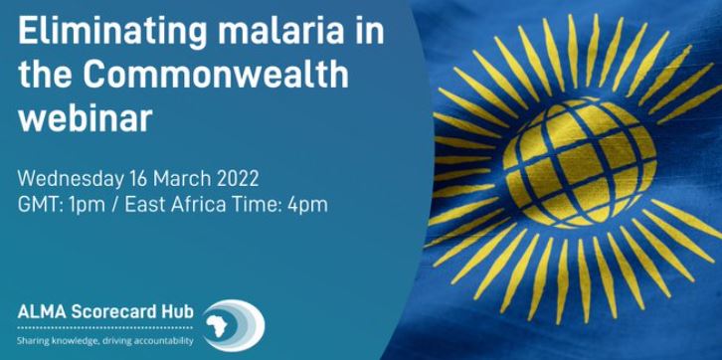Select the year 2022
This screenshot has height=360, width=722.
click(x=240, y=180)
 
